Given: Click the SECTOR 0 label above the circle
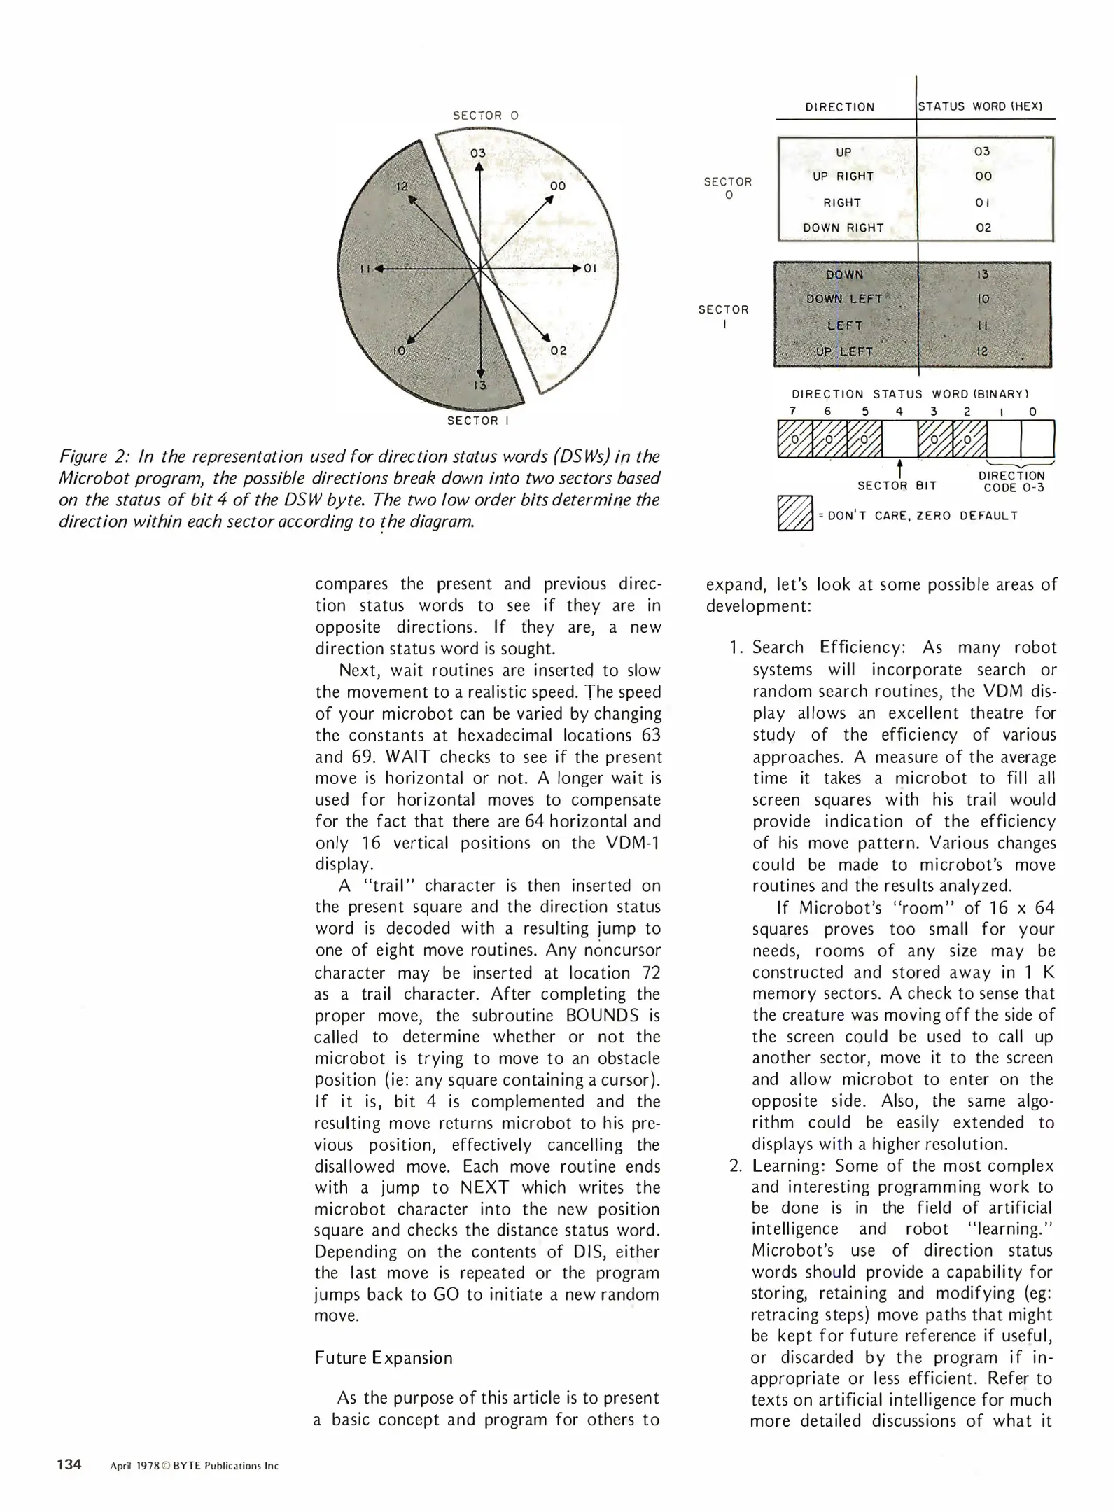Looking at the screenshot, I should pyautogui.click(x=485, y=115).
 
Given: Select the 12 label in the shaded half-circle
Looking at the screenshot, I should pyautogui.click(x=402, y=186).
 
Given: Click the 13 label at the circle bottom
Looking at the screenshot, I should pyautogui.click(x=479, y=385).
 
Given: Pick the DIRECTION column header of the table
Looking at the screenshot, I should pyautogui.click(x=839, y=107).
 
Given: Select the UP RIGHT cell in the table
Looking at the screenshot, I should pyautogui.click(x=843, y=176).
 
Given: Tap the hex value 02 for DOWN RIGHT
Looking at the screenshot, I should pyautogui.click(x=983, y=227).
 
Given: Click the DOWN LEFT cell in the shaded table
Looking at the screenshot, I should pyautogui.click(x=843, y=299).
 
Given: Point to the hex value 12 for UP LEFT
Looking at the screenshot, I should pyautogui.click(x=982, y=351).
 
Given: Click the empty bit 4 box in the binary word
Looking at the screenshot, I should pyautogui.click(x=899, y=439).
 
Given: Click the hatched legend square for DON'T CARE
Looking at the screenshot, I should pyautogui.click(x=794, y=513).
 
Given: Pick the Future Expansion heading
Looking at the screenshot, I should pyautogui.click(x=383, y=1358).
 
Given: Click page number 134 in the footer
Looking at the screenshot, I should pyautogui.click(x=69, y=1464).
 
